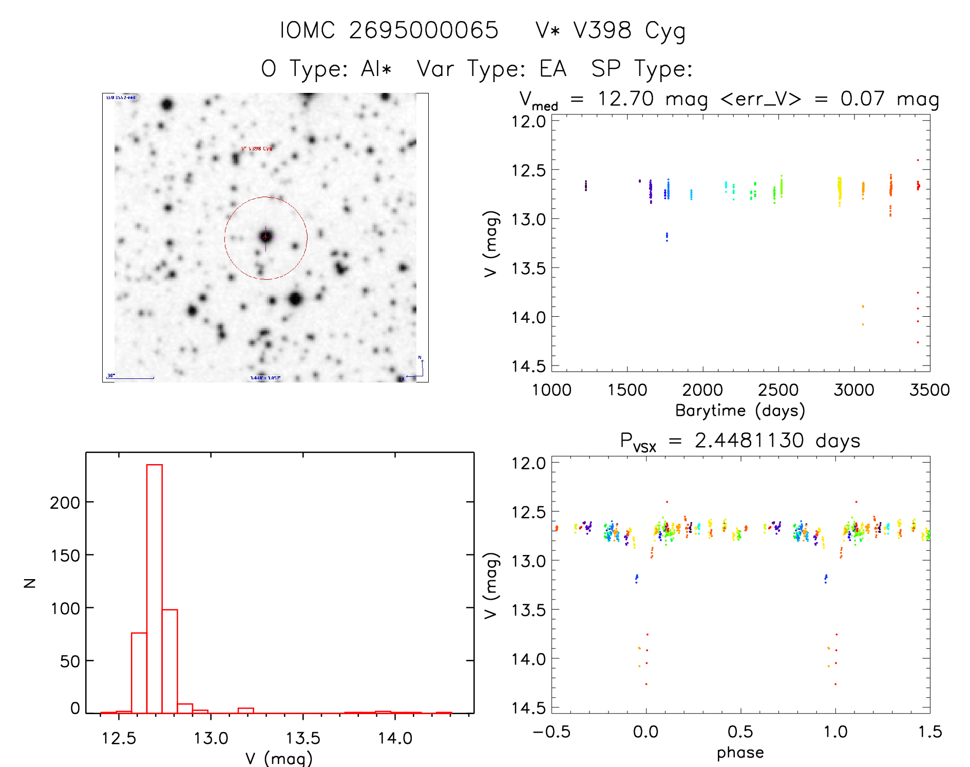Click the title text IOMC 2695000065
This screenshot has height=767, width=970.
tap(389, 30)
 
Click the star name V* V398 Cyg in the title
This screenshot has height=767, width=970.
tap(610, 31)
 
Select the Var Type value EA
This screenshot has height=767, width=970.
tap(553, 69)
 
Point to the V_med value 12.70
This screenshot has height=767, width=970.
tap(625, 99)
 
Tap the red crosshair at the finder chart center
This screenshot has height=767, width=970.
tap(265, 237)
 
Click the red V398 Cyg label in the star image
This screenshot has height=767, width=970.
tap(257, 149)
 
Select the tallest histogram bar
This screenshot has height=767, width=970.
tap(155, 588)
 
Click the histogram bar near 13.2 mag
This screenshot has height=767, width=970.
tap(245, 711)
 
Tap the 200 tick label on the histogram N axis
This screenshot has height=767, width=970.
tap(65, 502)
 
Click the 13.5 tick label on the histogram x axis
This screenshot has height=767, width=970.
tap(302, 739)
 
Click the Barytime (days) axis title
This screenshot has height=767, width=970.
tap(739, 411)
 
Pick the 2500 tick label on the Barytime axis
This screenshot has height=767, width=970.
tap(778, 390)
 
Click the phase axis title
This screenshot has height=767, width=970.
tap(740, 753)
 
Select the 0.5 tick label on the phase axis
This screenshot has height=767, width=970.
tap(740, 732)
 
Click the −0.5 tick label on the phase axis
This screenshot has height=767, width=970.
tap(551, 732)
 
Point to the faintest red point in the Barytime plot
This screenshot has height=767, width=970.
tap(918, 342)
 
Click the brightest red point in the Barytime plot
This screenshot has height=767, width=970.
tap(918, 160)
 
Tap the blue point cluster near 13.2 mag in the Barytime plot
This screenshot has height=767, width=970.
tap(667, 237)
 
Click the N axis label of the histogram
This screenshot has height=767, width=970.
tap(30, 583)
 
